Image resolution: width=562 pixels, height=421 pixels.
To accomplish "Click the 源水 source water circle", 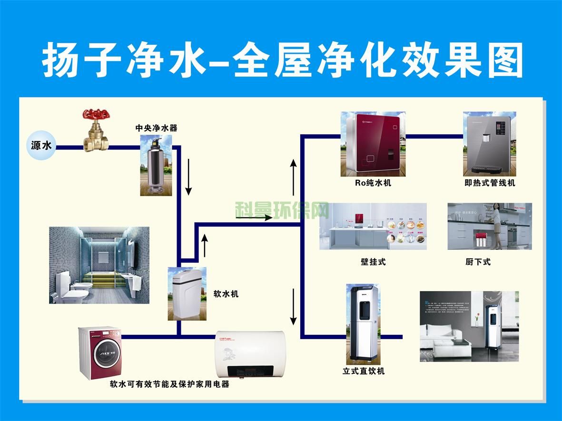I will click(41, 146).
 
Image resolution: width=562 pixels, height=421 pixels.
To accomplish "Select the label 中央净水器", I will click(156, 128).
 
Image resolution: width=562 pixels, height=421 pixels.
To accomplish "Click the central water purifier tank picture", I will click(156, 164).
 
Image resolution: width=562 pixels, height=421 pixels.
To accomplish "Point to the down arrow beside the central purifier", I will click(188, 177).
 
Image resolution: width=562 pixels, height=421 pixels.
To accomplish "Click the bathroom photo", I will click(99, 265).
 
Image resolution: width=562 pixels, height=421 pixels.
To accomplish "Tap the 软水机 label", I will click(226, 294).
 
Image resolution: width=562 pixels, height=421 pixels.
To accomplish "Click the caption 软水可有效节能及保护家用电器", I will click(170, 384).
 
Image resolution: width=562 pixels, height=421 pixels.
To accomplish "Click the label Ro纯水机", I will click(373, 183).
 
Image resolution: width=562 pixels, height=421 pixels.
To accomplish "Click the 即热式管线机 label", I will click(490, 183).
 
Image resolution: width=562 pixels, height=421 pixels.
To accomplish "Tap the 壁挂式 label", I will click(373, 262).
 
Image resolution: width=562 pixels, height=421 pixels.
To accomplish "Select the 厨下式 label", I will click(478, 262).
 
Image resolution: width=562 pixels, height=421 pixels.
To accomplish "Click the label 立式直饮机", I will click(364, 371).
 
